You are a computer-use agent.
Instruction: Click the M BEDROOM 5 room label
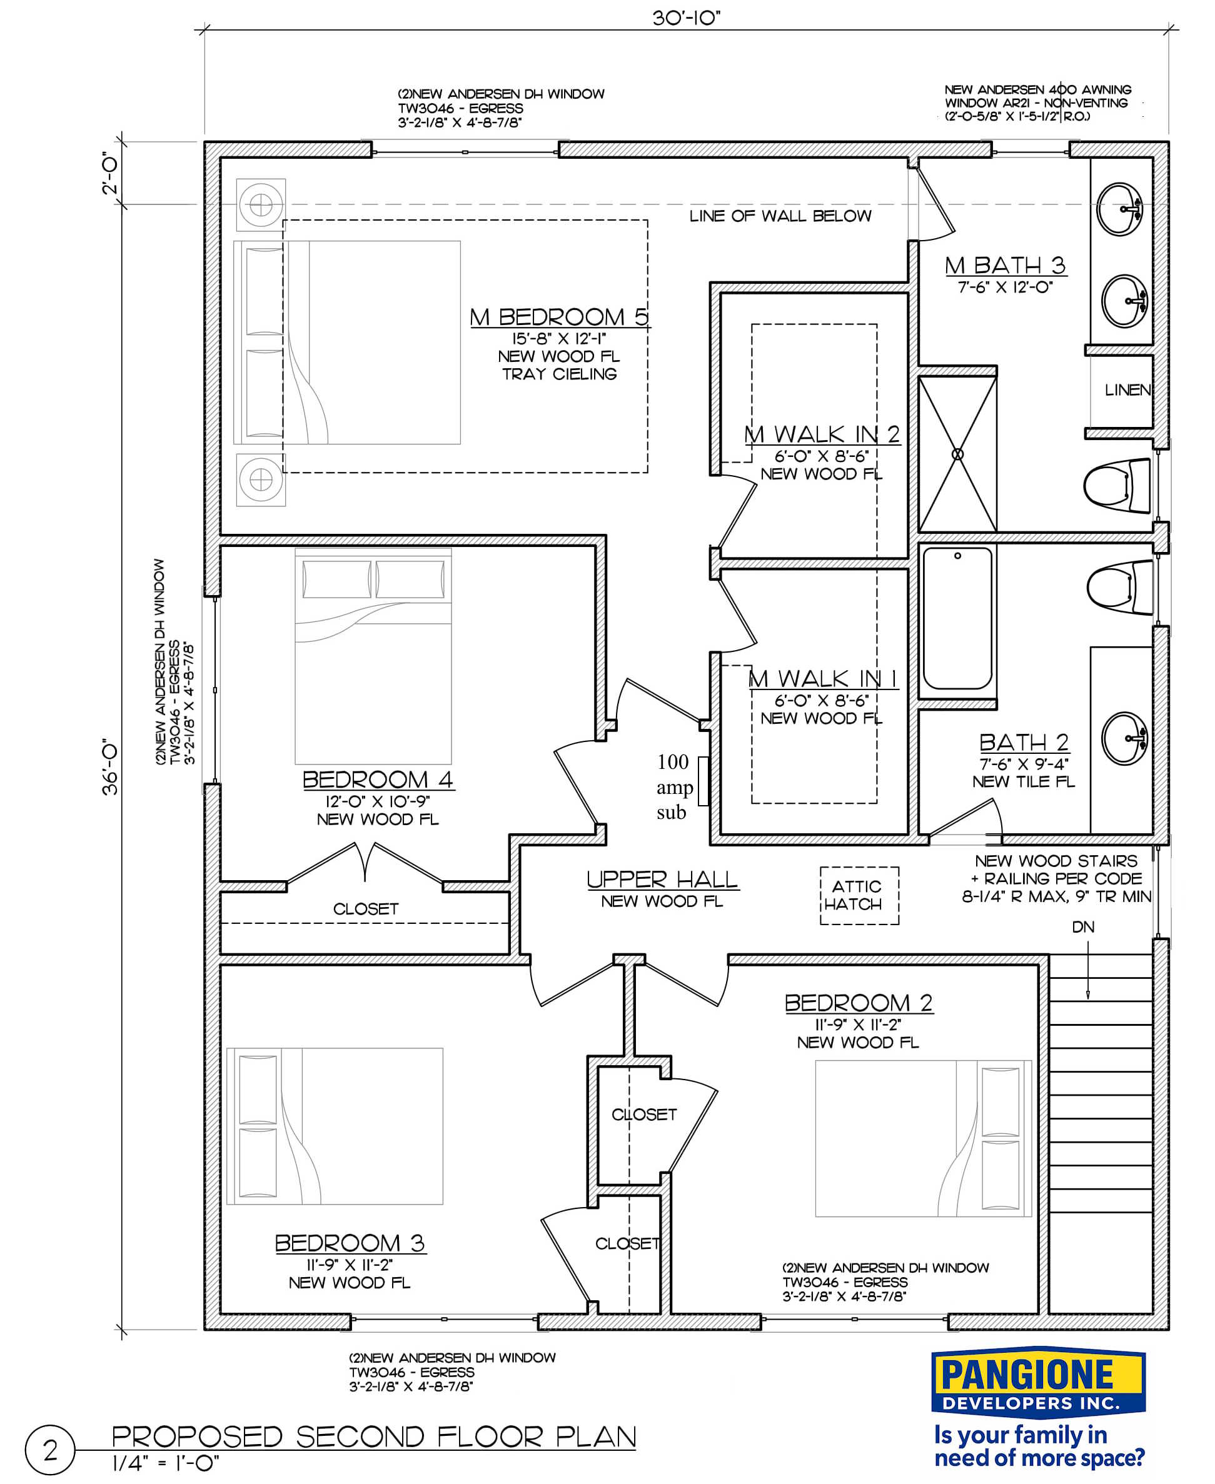click(558, 317)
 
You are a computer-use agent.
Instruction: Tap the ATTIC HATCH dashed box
click(859, 896)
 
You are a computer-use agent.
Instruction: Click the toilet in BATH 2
click(1121, 587)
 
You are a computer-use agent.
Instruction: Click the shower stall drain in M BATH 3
click(957, 454)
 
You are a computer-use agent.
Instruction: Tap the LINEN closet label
click(1127, 389)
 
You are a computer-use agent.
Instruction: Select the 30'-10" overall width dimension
click(686, 18)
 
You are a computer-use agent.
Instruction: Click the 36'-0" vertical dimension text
click(111, 767)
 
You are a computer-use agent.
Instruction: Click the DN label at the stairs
click(1082, 927)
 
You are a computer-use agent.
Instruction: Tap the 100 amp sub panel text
click(673, 786)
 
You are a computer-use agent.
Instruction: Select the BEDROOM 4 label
click(377, 780)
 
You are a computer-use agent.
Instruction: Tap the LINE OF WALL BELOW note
click(780, 216)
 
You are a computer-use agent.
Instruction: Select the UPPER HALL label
click(662, 880)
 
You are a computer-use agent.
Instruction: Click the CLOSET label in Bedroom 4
click(365, 909)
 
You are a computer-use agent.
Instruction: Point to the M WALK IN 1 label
click(822, 678)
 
